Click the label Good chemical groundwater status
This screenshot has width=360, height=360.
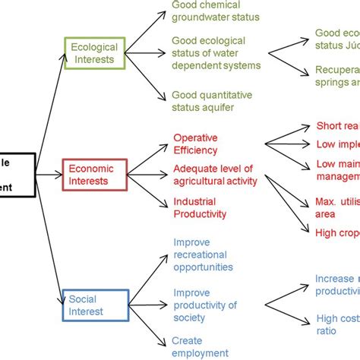[x=216, y=10]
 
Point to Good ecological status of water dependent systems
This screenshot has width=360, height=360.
[x=216, y=52]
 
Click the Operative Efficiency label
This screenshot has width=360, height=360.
[x=195, y=144]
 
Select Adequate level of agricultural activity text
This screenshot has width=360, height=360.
[x=215, y=175]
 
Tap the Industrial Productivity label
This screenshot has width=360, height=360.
[x=200, y=207]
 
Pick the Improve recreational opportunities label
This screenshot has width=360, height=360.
[x=203, y=254]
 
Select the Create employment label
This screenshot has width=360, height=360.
[x=200, y=346]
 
